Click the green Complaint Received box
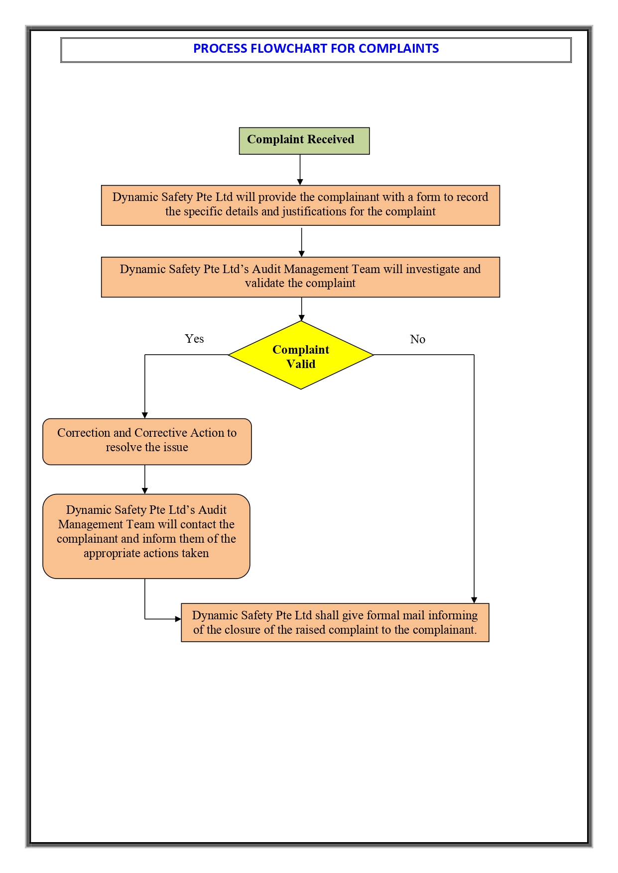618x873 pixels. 304,141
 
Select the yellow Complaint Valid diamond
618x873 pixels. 301,355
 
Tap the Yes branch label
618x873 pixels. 194,339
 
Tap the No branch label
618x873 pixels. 417,339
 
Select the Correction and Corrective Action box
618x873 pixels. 147,441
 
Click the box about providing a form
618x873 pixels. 300,205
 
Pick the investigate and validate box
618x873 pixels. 300,277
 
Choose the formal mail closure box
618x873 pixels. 335,622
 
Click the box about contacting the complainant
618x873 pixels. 146,536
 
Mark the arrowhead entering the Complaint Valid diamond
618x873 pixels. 301,317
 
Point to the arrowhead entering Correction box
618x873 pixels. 145,415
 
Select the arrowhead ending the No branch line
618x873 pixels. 474,600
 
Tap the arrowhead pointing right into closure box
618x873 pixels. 178,619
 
